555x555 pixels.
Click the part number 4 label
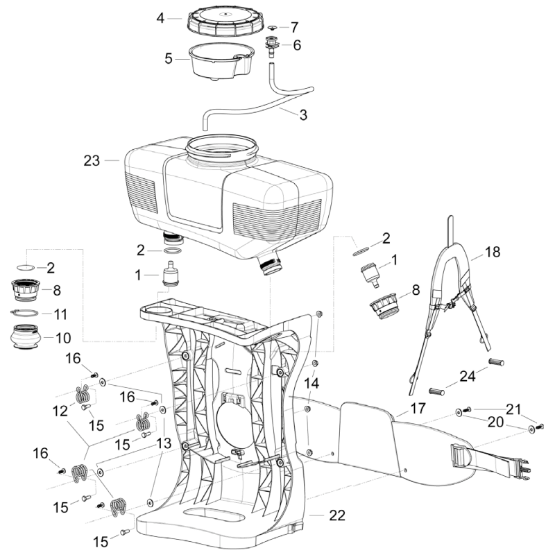[160, 17]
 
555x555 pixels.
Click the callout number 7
[294, 27]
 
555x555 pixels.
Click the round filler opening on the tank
[223, 148]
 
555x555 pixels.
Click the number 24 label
[468, 376]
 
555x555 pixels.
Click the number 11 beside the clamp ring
[60, 314]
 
